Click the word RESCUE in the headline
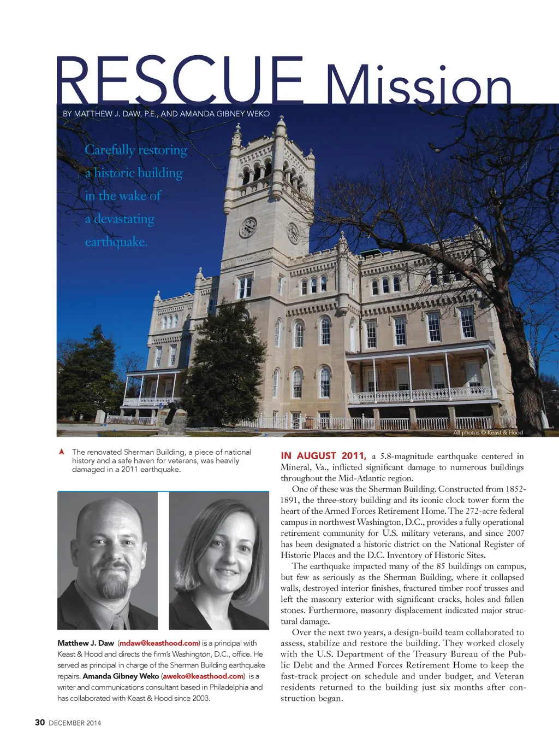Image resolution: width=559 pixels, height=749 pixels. (x=180, y=81)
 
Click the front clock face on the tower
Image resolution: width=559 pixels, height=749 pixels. (x=248, y=227)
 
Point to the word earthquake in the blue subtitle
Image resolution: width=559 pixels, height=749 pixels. (x=116, y=242)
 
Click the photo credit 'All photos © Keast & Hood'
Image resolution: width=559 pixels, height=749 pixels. (x=487, y=432)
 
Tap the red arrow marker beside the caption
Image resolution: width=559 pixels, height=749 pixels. (x=62, y=452)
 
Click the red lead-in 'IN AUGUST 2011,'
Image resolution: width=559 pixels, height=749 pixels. (x=323, y=456)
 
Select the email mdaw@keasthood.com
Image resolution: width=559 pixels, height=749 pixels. (x=159, y=643)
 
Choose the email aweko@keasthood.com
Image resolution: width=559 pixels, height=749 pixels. (x=203, y=676)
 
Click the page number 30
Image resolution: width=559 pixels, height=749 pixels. (x=40, y=722)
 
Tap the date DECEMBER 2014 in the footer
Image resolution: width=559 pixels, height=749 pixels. (x=75, y=723)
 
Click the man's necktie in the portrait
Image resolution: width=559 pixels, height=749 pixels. (x=118, y=621)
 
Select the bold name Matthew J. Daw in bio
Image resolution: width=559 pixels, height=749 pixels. (x=86, y=643)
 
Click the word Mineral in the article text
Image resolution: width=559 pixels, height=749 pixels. (x=295, y=467)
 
